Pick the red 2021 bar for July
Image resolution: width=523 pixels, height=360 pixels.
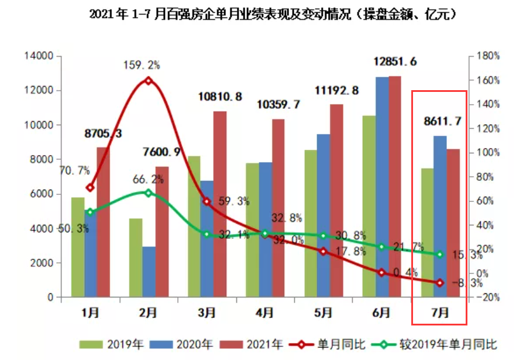click(453, 222)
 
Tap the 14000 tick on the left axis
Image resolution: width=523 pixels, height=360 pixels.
click(39, 56)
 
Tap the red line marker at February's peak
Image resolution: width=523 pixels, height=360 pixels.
click(148, 81)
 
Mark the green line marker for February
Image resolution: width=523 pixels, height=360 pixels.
click(148, 193)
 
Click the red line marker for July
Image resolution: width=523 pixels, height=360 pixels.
click(439, 283)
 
